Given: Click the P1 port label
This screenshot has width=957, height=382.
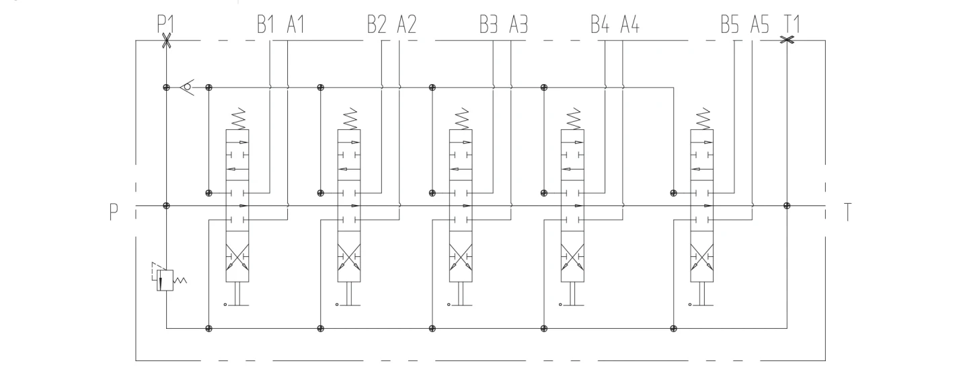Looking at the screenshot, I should coord(165,24).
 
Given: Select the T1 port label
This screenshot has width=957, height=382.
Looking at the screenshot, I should coord(792,25).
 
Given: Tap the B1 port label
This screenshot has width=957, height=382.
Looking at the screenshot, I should coord(266,25).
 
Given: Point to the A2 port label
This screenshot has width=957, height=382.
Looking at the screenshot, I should coord(406,25).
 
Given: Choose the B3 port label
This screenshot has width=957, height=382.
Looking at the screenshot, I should coord(489,25).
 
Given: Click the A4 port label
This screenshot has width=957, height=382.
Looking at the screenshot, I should coord(629,25).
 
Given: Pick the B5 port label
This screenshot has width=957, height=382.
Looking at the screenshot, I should coord(730,25).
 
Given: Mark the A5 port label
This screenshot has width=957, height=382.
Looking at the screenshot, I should coord(759,25).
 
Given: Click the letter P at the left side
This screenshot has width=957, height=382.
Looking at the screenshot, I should coord(114,213).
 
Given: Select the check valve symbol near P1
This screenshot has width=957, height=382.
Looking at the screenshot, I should coord(186,87).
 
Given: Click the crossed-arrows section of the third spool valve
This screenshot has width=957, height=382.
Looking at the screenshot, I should coord(461,256).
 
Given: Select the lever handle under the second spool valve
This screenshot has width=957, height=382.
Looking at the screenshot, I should coord(348,295).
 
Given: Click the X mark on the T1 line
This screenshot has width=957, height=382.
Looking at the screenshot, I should coord(787,40).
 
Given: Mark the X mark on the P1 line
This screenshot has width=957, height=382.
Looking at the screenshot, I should coord(166,41).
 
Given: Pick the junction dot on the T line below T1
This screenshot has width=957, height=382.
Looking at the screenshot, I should coord(787,205).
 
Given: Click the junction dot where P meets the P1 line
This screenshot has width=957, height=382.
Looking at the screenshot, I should coord(166,205).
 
